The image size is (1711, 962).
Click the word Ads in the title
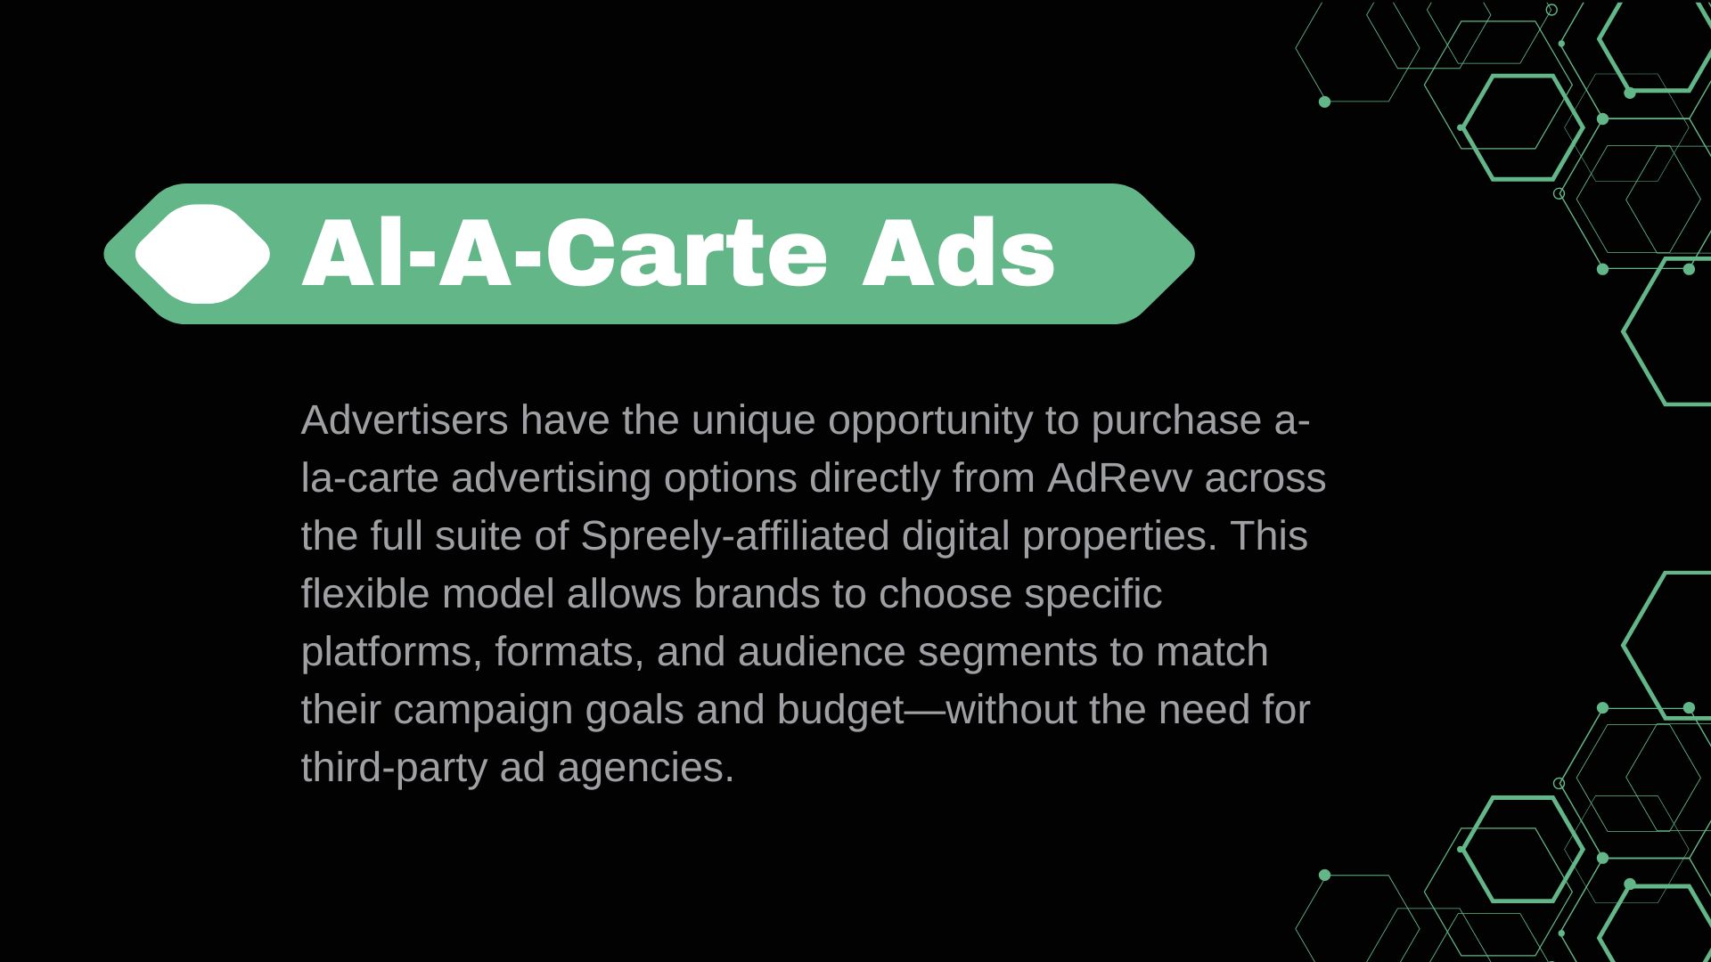pos(958,254)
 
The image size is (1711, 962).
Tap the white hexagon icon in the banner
pos(202,254)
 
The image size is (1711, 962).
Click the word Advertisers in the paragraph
pos(405,420)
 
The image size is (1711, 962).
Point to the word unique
pos(753,420)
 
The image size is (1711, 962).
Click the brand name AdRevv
pos(1119,478)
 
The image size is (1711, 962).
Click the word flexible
pos(365,594)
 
